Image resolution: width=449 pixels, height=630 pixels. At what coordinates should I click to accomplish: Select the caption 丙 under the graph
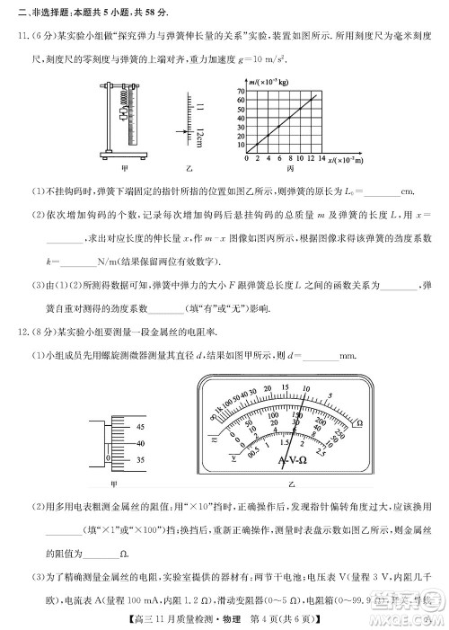(x=290, y=168)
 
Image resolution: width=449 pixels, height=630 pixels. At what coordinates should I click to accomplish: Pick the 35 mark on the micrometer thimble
(x=140, y=457)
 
